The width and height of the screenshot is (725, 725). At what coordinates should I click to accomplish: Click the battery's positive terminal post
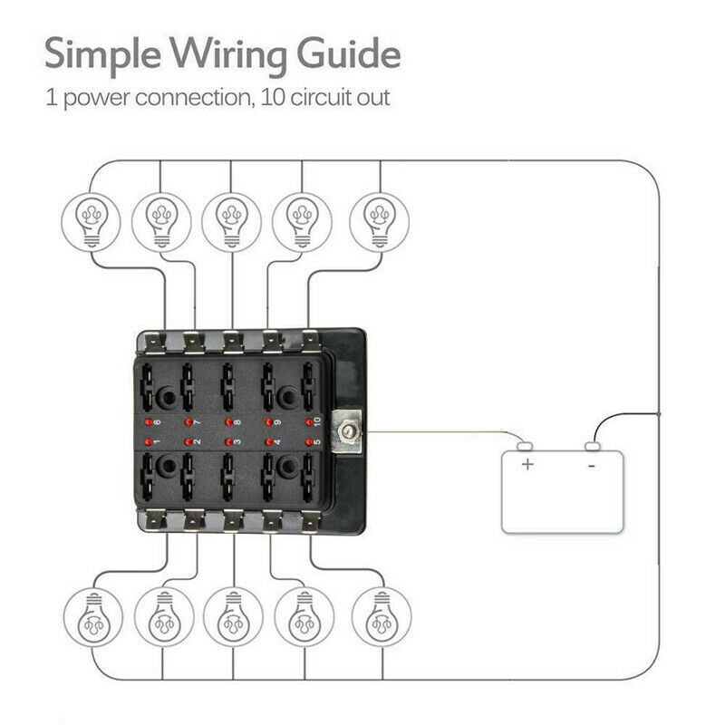pyautogui.click(x=524, y=446)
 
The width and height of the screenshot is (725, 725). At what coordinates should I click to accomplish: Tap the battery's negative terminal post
pyautogui.click(x=594, y=446)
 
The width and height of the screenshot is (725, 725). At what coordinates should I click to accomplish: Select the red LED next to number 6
pyautogui.click(x=148, y=423)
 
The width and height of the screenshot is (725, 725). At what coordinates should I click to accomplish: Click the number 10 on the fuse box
pyautogui.click(x=318, y=421)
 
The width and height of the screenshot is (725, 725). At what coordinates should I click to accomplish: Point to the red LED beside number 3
pyautogui.click(x=227, y=442)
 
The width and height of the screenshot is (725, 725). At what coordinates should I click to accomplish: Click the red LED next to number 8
pyautogui.click(x=227, y=422)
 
